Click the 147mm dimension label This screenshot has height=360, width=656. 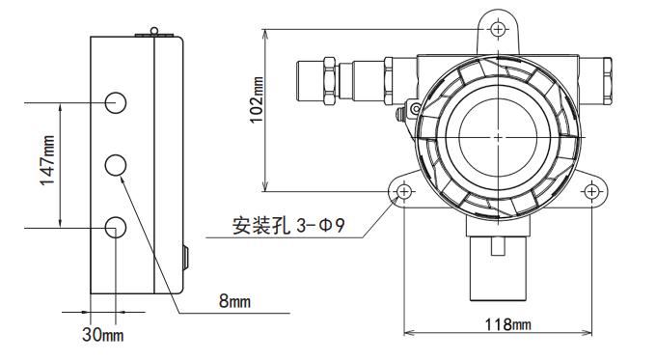click(47, 160)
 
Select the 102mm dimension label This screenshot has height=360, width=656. click(257, 99)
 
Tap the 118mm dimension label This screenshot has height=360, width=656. click(507, 324)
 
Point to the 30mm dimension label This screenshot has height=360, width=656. click(103, 335)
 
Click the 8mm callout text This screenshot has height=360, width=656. click(234, 301)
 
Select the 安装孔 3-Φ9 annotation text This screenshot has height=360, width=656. click(288, 226)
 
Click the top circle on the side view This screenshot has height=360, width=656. click(116, 102)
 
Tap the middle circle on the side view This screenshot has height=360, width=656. click(116, 165)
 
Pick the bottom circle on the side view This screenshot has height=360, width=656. click(116, 228)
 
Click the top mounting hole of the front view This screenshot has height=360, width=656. click(498, 29)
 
